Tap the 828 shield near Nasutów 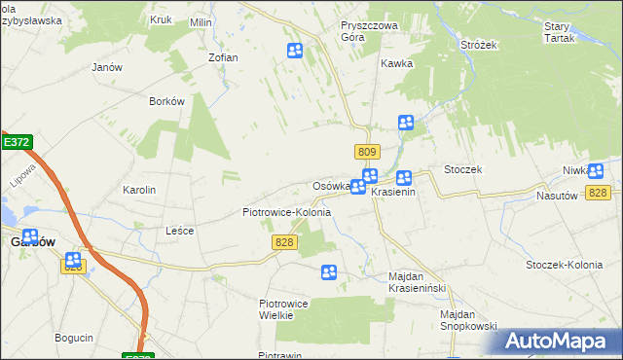[x=598, y=194]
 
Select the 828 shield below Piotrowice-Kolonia [x=284, y=241]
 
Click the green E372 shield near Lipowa [x=17, y=142]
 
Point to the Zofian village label [x=223, y=57]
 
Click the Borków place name [x=166, y=101]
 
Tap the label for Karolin [x=139, y=190]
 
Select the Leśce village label [x=180, y=231]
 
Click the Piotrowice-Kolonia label [x=286, y=211]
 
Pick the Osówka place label [x=330, y=186]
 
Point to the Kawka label [x=397, y=63]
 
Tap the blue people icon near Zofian [x=295, y=51]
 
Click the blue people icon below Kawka [x=406, y=123]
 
